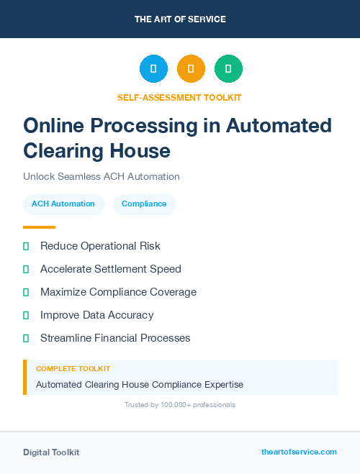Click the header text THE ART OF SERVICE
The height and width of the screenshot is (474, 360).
(180, 19)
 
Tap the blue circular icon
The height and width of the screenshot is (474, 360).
(153, 68)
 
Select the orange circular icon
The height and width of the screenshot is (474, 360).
(191, 68)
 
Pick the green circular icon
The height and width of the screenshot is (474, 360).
(228, 68)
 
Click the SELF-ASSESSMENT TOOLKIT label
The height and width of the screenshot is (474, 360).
(179, 97)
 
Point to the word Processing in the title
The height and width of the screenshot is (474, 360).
(140, 125)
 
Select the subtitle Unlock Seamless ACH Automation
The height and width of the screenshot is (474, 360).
(101, 176)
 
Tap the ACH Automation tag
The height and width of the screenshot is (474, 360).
(63, 204)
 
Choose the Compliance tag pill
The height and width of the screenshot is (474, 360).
(144, 204)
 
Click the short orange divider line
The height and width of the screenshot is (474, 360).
(39, 227)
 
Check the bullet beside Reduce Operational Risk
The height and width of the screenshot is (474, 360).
(26, 246)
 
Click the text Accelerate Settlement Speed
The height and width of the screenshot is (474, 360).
(110, 269)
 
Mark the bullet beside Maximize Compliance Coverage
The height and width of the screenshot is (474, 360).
(26, 292)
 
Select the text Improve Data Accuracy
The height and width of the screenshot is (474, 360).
(96, 315)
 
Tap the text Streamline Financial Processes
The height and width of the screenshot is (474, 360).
(115, 338)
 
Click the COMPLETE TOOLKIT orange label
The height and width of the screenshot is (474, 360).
(73, 368)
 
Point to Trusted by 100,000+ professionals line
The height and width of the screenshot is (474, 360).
(180, 405)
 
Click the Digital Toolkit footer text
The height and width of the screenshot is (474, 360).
(51, 452)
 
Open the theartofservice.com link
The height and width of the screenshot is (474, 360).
(299, 452)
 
